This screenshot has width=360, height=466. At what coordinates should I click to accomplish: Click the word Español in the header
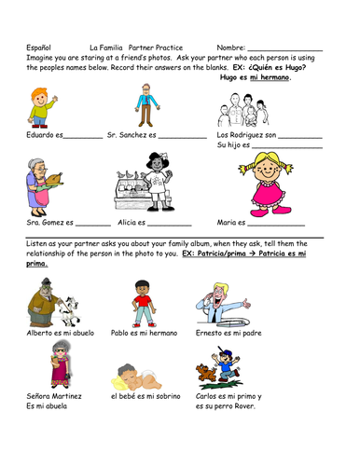35,47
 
